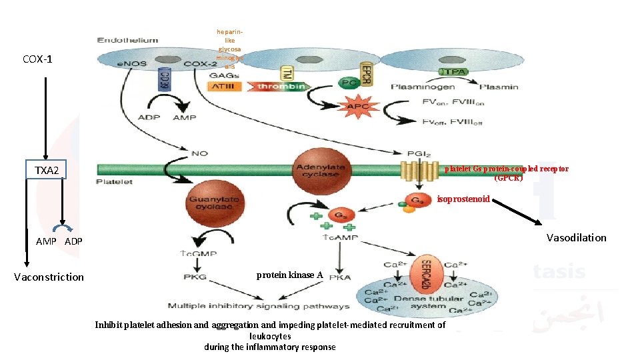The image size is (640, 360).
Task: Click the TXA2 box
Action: click(x=51, y=171)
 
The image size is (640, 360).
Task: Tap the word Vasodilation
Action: click(x=576, y=237)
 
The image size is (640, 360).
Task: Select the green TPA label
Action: click(x=451, y=71)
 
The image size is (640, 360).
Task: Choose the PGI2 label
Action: click(x=411, y=153)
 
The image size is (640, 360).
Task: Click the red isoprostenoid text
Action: click(x=463, y=199)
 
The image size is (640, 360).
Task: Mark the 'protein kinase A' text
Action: click(x=289, y=275)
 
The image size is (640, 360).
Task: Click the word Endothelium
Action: click(x=127, y=40)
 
